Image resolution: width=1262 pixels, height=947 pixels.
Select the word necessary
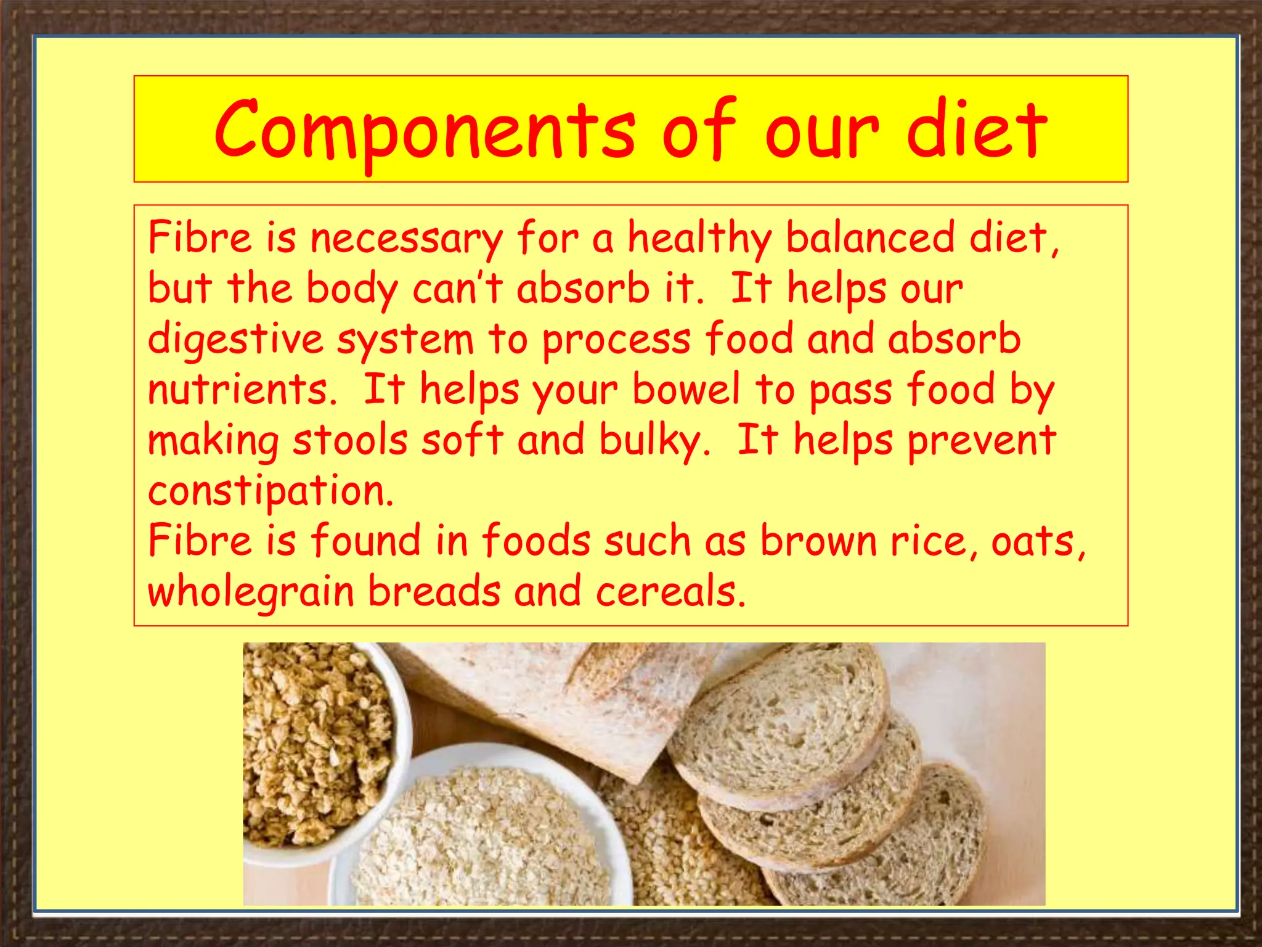point(406,238)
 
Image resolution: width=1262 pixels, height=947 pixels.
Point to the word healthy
point(699,238)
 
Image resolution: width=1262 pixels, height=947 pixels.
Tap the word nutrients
point(242,390)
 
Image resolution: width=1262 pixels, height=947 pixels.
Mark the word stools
point(350,440)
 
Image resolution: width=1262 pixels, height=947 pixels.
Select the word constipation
point(271,491)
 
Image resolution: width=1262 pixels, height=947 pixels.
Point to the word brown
point(818,541)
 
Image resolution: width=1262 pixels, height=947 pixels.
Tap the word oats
point(1037,541)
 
